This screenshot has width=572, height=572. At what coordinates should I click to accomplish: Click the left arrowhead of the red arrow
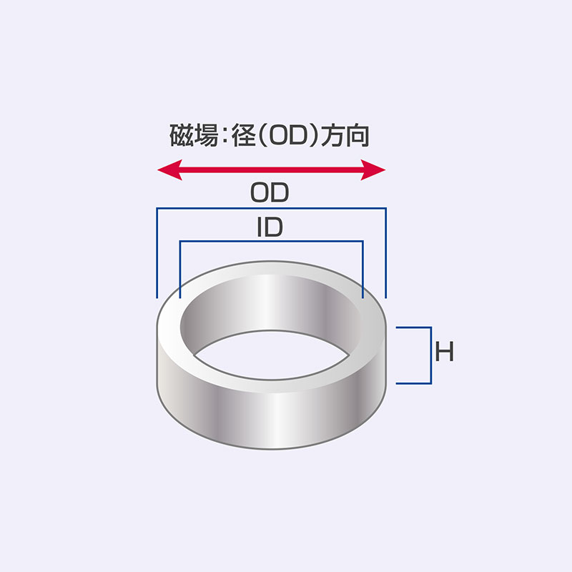pyautogui.click(x=169, y=169)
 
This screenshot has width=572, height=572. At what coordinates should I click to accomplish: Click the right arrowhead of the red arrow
pyautogui.click(x=373, y=169)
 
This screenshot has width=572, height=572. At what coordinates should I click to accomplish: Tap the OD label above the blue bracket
pyautogui.click(x=270, y=192)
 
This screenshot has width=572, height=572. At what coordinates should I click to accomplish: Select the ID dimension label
pyautogui.click(x=270, y=227)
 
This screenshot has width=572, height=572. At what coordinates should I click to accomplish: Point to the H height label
pyautogui.click(x=444, y=352)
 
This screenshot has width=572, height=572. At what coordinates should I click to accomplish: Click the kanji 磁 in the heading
pyautogui.click(x=182, y=135)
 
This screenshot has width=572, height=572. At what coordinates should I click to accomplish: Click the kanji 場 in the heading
pyautogui.click(x=206, y=135)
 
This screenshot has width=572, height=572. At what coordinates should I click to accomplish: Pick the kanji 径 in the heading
pyautogui.click(x=243, y=135)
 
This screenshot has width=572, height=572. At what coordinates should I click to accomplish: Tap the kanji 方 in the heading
pyautogui.click(x=332, y=135)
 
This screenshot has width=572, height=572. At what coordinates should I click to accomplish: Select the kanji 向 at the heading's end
pyautogui.click(x=357, y=135)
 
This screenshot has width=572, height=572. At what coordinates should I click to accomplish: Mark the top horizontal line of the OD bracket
pyautogui.click(x=272, y=208)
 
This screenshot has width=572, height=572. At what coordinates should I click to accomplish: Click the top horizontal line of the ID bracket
pyautogui.click(x=272, y=241)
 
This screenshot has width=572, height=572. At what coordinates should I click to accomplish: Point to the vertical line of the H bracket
pyautogui.click(x=431, y=355)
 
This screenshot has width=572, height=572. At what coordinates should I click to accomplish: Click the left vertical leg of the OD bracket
pyautogui.click(x=157, y=253)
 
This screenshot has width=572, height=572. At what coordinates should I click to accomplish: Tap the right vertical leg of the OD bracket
pyautogui.click(x=385, y=253)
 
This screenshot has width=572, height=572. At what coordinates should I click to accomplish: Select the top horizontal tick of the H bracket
pyautogui.click(x=414, y=327)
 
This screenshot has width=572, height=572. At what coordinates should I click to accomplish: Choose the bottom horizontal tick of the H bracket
pyautogui.click(x=414, y=383)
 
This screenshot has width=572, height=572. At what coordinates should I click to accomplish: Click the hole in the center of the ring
pyautogui.click(x=271, y=355)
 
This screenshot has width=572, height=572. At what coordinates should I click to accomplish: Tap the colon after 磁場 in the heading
pyautogui.click(x=225, y=137)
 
